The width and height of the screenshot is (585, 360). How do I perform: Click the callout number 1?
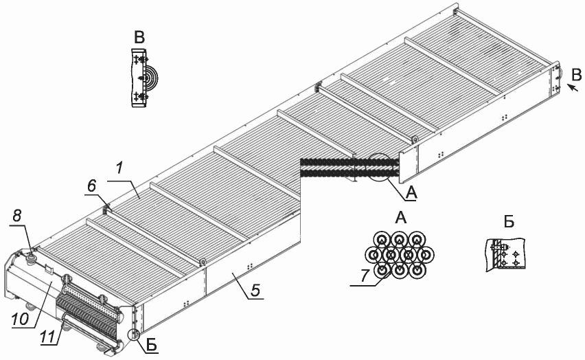(119, 168)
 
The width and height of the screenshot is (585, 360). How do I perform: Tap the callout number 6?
(92, 186)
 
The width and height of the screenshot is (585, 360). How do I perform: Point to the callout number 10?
(20, 319)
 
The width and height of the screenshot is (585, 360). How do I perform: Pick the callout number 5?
(255, 291)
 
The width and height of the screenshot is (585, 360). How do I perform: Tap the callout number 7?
(365, 276)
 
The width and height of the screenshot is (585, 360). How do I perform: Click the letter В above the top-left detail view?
(139, 38)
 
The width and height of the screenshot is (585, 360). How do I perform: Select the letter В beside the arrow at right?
(577, 76)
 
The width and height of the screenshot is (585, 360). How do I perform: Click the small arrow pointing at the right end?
(573, 88)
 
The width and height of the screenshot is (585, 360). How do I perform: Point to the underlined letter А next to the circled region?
(411, 193)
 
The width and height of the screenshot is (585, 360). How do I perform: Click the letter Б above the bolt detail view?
(509, 222)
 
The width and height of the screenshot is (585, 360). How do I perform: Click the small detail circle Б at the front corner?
(134, 335)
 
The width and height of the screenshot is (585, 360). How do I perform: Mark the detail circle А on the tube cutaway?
(379, 168)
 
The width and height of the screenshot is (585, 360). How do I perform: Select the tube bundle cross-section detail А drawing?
(399, 255)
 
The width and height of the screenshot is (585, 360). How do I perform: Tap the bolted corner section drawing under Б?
(505, 254)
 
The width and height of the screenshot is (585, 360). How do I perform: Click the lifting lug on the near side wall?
(203, 262)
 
